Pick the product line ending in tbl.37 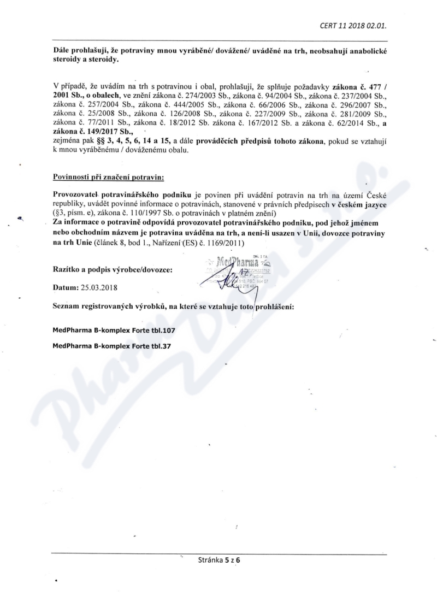point(112,346)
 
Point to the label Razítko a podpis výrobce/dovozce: point(112,269)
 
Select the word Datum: point(65,287)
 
